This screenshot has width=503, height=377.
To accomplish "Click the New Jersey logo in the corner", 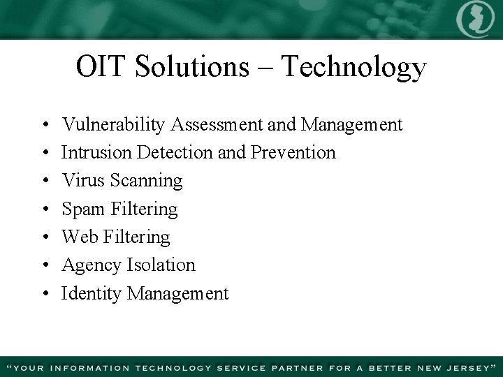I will [x=475, y=20].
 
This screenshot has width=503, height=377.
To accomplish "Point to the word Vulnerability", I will [x=114, y=125].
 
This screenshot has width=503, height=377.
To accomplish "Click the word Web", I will [x=79, y=237].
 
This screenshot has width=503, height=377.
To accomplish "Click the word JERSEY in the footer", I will [x=463, y=366].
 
